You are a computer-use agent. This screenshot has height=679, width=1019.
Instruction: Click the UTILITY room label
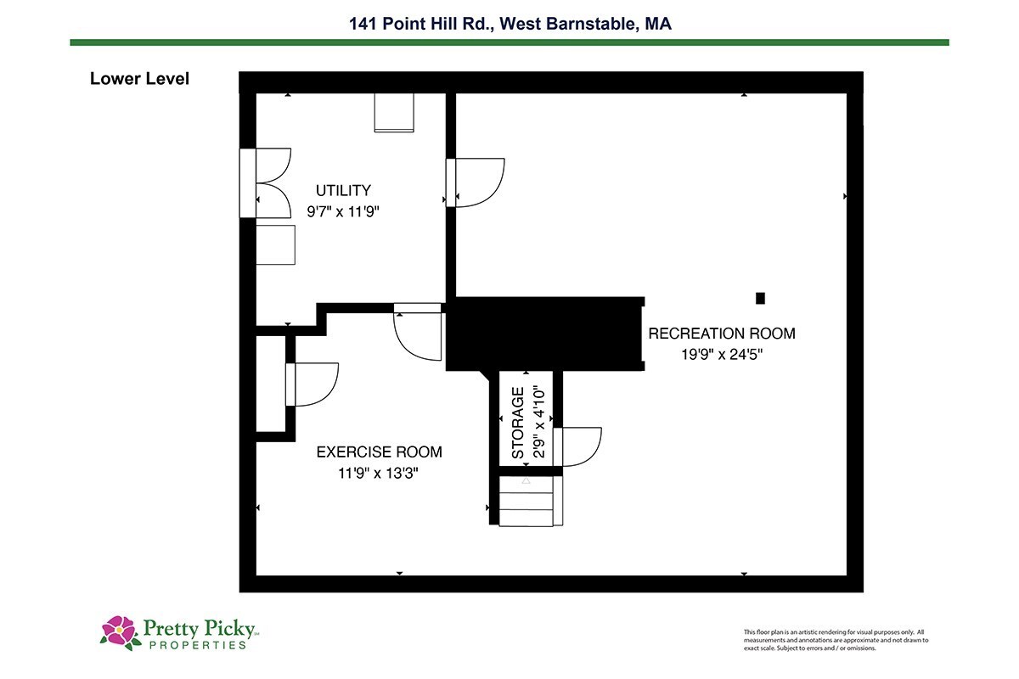pyautogui.click(x=343, y=190)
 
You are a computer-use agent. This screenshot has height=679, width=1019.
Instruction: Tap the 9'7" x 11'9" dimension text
pyautogui.click(x=343, y=211)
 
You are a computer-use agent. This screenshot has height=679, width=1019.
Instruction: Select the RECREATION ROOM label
pyautogui.click(x=722, y=334)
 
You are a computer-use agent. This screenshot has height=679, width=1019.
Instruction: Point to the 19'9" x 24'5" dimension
pyautogui.click(x=722, y=354)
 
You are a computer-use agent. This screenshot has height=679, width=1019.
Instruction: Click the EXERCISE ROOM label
pyautogui.click(x=379, y=452)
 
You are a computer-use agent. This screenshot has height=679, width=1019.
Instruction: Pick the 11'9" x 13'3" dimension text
pyautogui.click(x=378, y=474)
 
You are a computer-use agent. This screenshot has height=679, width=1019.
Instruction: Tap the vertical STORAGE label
pyautogui.click(x=518, y=423)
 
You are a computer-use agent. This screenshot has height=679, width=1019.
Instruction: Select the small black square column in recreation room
pyautogui.click(x=760, y=299)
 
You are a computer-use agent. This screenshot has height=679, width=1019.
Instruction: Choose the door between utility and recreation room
pyautogui.click(x=476, y=182)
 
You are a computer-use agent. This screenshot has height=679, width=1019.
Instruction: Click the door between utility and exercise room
pyautogui.click(x=418, y=332)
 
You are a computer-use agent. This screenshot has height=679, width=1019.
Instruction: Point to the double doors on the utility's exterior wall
pyautogui.click(x=266, y=182)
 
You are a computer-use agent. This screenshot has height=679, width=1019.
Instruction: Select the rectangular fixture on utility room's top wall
pyautogui.click(x=394, y=113)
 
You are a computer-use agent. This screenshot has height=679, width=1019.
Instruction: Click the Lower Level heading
pyautogui.click(x=139, y=79)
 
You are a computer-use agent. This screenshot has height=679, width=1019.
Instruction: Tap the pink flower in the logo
pyautogui.click(x=119, y=631)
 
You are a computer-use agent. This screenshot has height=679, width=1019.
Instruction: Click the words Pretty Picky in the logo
pyautogui.click(x=199, y=629)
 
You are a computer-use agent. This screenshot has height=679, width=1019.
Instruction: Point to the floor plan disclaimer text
pyautogui.click(x=836, y=640)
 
